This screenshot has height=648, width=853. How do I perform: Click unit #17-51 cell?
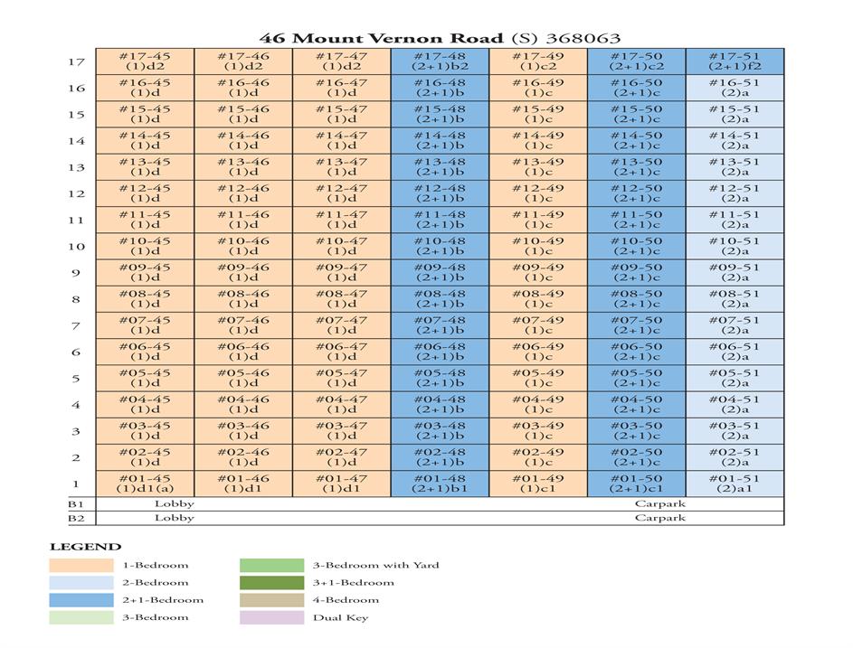(735, 61)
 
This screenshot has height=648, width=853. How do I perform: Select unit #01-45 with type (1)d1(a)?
(145, 484)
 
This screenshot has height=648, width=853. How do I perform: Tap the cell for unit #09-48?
(440, 272)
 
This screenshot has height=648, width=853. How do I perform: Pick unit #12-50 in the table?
(636, 193)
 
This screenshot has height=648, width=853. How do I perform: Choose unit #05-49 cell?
(538, 378)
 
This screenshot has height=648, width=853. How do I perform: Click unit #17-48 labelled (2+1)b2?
(440, 61)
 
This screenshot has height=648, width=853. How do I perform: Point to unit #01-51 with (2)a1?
(735, 484)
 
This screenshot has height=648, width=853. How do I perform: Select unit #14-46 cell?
(243, 140)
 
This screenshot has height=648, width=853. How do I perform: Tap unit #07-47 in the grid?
(341, 325)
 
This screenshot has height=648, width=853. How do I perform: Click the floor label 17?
(76, 62)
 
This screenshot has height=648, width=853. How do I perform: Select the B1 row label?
(76, 504)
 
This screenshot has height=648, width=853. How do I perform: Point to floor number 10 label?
(76, 247)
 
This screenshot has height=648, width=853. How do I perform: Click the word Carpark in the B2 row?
(659, 518)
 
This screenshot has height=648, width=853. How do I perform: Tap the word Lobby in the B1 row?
(175, 503)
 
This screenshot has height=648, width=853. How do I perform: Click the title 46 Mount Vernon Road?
(381, 38)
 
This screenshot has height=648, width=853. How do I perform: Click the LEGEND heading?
(85, 547)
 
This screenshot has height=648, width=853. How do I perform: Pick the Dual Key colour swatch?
(271, 618)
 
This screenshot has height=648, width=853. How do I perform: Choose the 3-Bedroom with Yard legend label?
(375, 566)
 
